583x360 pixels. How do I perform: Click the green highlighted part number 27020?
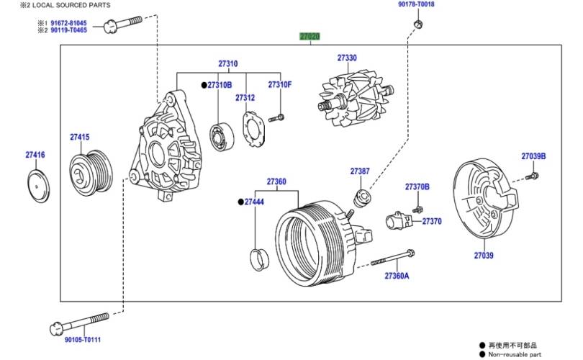pyautogui.click(x=309, y=36)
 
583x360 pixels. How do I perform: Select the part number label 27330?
pyautogui.click(x=347, y=58)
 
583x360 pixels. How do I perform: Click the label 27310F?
pyautogui.click(x=280, y=85)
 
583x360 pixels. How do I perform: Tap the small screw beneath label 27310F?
pyautogui.click(x=276, y=117)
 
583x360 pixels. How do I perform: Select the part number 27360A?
pyautogui.click(x=396, y=276)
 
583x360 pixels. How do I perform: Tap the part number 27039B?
pyautogui.click(x=533, y=156)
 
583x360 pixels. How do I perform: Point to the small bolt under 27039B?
pyautogui.click(x=532, y=176)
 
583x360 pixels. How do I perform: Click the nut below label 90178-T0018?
pyautogui.click(x=417, y=26)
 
